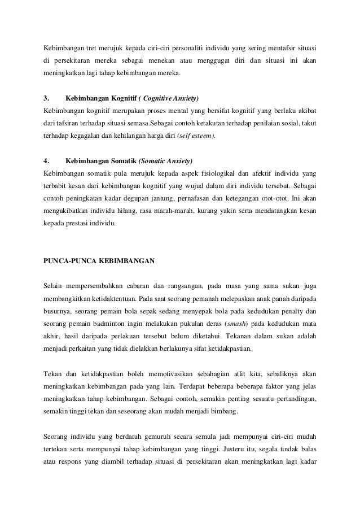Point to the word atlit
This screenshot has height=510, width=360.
[x=237, y=374]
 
